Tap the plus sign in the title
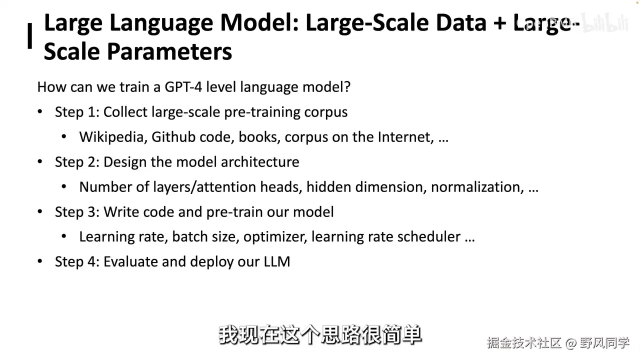pyautogui.click(x=499, y=23)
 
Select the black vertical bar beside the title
pyautogui.click(x=29, y=36)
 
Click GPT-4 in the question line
pyautogui.click(x=183, y=87)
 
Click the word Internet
pyautogui.click(x=405, y=137)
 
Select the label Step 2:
pyautogui.click(x=77, y=162)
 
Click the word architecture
pyautogui.click(x=260, y=162)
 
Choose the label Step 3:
pyautogui.click(x=77, y=212)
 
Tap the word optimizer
pyautogui.click(x=275, y=237)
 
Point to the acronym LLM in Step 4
pyautogui.click(x=277, y=261)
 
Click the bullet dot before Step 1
pyautogui.click(x=40, y=111)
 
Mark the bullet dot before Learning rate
pyautogui.click(x=64, y=236)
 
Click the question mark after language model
pyautogui.click(x=347, y=87)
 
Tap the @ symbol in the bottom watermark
pyautogui.click(x=570, y=343)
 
